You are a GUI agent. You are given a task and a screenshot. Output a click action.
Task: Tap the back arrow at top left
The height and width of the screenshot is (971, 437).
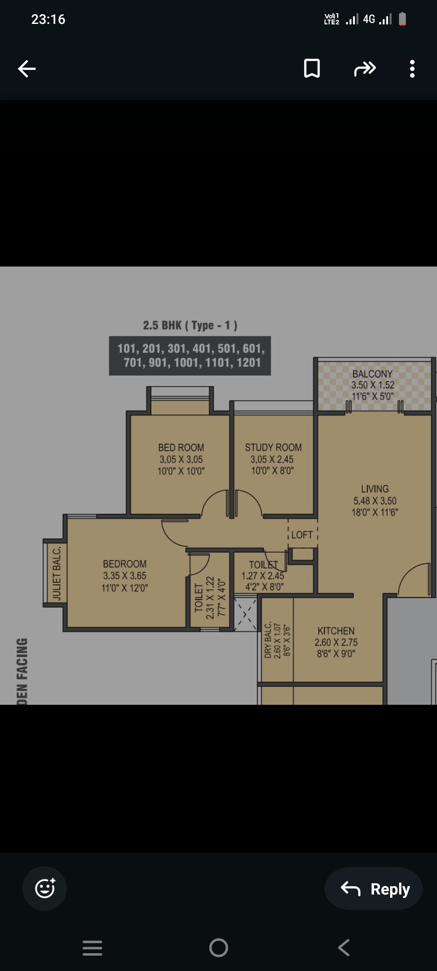(27, 68)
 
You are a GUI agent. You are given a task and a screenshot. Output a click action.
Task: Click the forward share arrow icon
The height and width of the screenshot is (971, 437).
(365, 68)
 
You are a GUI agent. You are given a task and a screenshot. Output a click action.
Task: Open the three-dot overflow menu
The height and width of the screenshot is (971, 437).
(412, 68)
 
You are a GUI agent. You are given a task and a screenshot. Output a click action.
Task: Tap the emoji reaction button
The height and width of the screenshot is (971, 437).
(45, 888)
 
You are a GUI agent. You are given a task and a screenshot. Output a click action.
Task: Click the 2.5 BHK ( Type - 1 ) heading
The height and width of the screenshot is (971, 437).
(190, 325)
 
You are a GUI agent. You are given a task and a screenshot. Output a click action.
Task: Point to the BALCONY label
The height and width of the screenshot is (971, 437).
(372, 374)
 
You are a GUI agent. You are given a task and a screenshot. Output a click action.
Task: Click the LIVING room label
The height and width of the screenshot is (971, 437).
(375, 489)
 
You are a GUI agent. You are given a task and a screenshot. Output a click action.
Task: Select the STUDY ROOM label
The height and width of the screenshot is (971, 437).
(273, 447)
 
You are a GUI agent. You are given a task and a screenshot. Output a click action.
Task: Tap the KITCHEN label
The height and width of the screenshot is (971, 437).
(336, 631)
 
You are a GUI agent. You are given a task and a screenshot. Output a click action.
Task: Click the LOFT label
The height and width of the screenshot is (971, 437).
(302, 535)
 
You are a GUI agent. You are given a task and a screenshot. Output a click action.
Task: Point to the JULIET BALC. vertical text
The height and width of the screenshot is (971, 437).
(57, 573)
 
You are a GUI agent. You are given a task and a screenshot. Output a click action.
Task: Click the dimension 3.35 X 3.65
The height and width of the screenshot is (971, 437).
(125, 576)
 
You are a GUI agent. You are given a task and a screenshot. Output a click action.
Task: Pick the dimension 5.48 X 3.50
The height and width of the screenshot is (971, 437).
(375, 501)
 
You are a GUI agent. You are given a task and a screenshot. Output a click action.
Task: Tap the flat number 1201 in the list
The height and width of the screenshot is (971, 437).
(248, 362)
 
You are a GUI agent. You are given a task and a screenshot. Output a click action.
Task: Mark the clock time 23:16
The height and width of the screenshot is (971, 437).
(48, 19)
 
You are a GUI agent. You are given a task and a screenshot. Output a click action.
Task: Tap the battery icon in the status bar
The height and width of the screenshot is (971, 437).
(402, 19)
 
